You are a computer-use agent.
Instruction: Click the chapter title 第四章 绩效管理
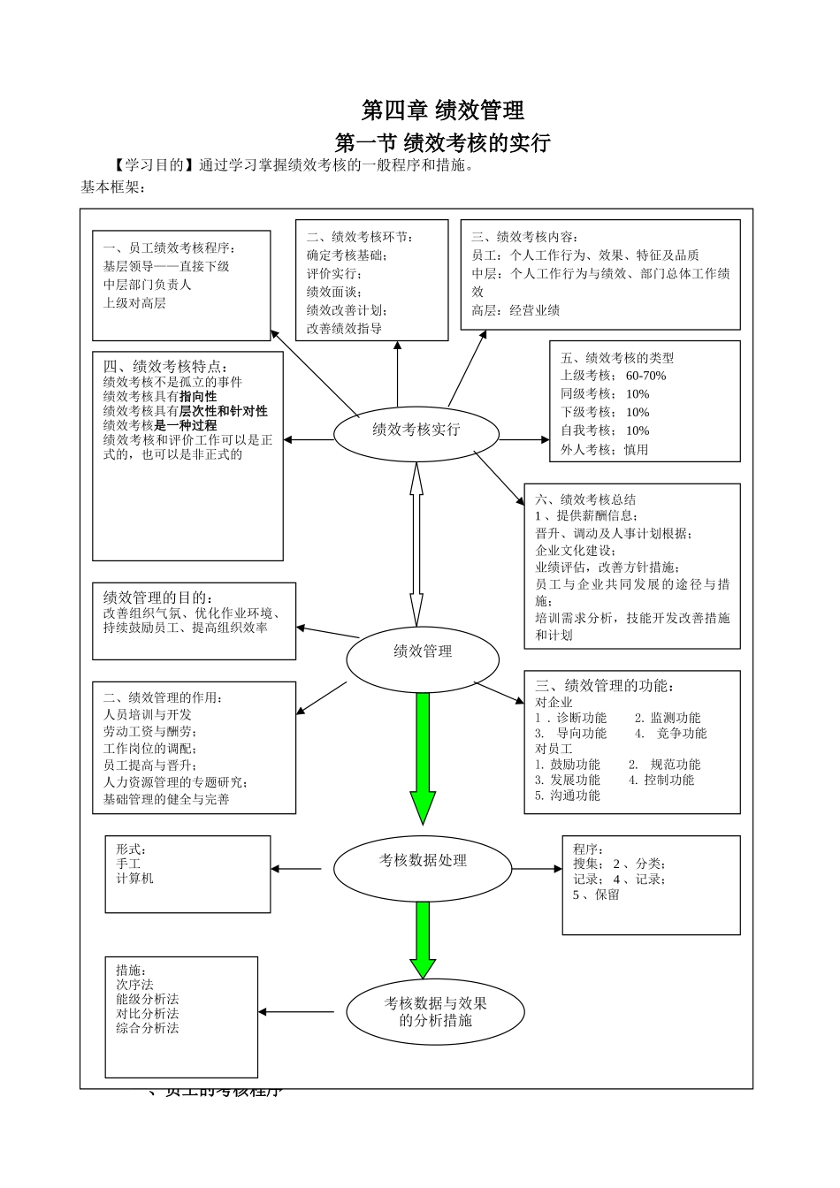(x=442, y=110)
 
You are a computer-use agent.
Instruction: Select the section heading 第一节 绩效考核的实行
(x=443, y=142)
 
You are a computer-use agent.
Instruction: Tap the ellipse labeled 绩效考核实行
(x=416, y=430)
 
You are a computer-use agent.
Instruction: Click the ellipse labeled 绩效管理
(x=423, y=652)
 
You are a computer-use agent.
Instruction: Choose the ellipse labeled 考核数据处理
(x=423, y=861)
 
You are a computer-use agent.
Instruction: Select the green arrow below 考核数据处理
(x=423, y=940)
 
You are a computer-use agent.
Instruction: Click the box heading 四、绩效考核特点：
(x=165, y=366)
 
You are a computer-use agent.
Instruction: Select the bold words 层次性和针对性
(x=223, y=411)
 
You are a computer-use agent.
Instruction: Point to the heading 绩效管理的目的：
(x=158, y=598)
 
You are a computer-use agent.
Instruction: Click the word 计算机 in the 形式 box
(x=134, y=879)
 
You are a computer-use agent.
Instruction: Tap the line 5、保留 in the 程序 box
(x=596, y=895)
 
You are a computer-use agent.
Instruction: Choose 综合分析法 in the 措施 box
(x=147, y=1028)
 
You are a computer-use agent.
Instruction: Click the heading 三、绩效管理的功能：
(x=604, y=685)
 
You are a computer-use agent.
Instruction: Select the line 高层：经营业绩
(x=515, y=310)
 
